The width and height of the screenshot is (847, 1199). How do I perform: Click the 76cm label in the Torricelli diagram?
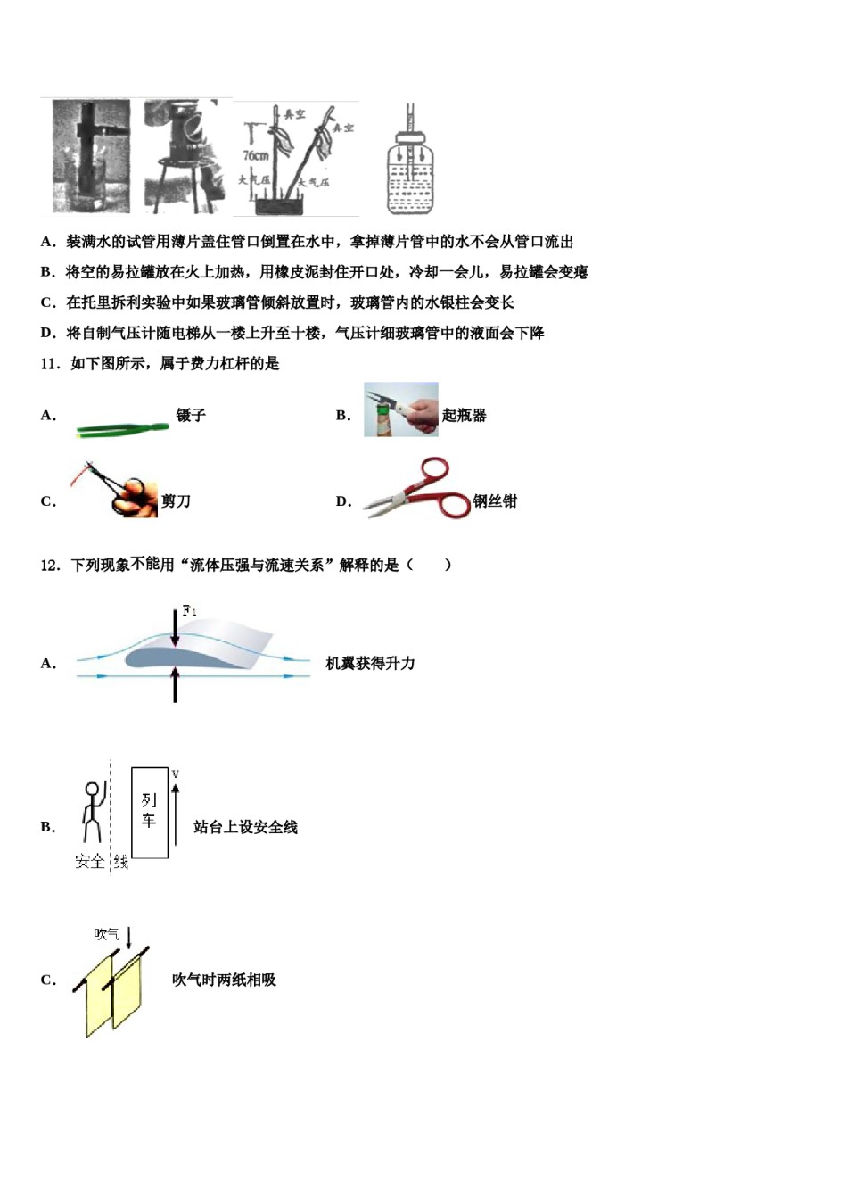pos(255,155)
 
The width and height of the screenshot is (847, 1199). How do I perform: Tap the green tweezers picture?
pos(122,429)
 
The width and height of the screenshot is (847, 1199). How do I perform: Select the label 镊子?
pos(191,415)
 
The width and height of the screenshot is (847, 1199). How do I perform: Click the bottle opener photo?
pos(401,409)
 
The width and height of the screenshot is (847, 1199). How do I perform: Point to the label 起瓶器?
pos(465,415)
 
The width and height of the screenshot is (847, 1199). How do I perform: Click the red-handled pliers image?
pos(417,490)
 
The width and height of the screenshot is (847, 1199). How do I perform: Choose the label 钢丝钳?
pos(495,501)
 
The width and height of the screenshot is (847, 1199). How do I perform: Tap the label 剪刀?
pos(176,501)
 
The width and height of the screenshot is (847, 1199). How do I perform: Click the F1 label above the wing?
pos(189,611)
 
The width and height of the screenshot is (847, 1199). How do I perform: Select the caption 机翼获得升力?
pos(370,663)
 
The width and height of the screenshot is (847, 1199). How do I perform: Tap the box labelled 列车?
pos(149,812)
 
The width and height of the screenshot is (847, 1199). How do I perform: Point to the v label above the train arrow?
pos(176,773)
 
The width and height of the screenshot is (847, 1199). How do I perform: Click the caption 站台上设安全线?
pos(245,827)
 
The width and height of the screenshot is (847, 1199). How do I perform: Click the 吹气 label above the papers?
pos(107,934)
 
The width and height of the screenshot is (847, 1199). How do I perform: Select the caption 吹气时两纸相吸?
pos(224,980)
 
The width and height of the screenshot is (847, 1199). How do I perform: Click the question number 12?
pos(50,565)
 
